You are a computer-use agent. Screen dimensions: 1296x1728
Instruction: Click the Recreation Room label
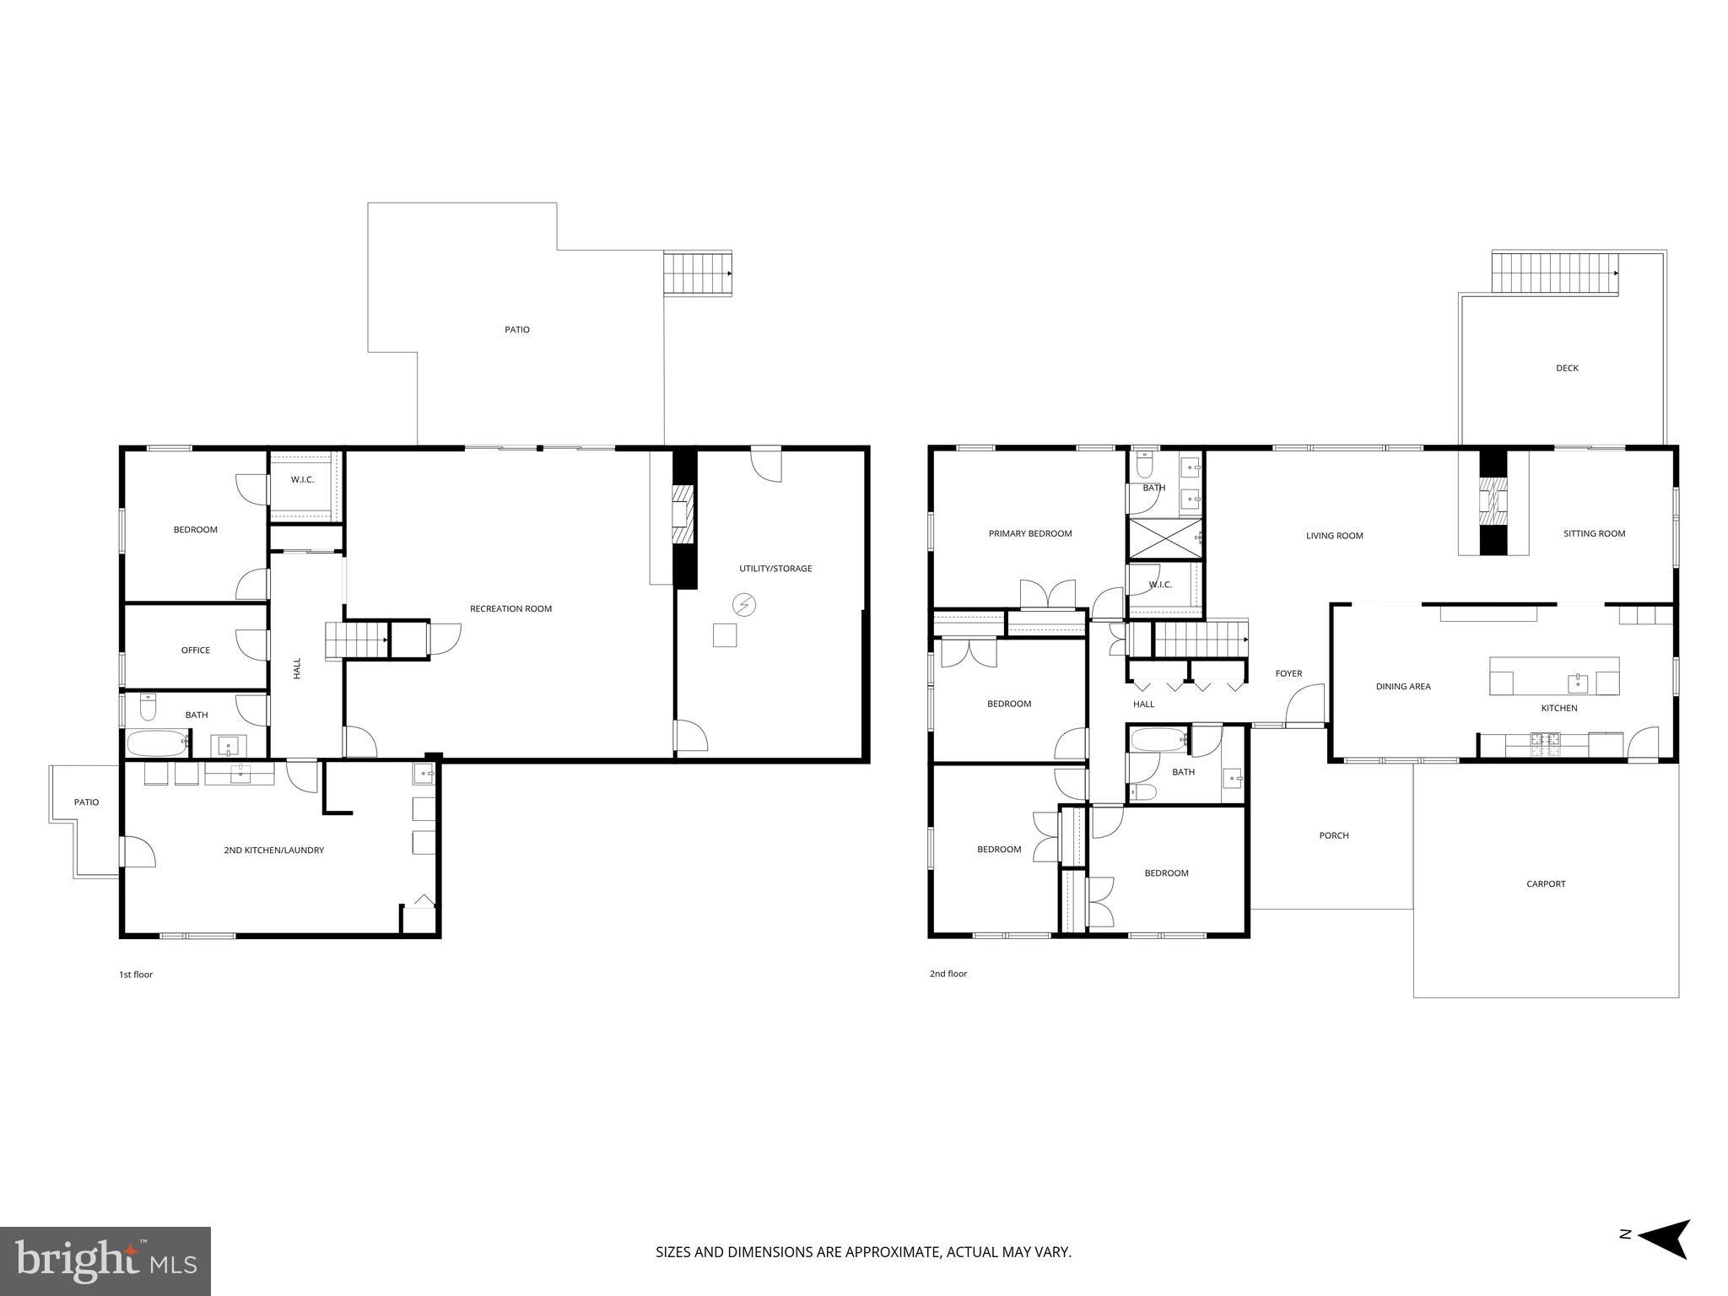point(510,608)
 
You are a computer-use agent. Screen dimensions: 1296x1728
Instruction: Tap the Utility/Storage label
point(775,569)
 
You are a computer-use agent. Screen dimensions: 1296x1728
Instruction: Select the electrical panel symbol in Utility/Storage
point(744,604)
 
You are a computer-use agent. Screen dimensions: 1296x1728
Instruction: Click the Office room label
point(195,651)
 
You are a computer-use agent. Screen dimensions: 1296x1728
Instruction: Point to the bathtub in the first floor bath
point(158,743)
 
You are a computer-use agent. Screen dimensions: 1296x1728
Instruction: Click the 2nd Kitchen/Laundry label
point(273,850)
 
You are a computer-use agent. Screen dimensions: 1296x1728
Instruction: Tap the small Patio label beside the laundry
point(86,802)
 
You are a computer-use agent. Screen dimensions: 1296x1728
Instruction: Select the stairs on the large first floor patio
point(697,273)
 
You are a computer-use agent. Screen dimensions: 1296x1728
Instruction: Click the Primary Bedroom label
point(1030,533)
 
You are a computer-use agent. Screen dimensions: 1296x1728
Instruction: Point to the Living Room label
point(1334,536)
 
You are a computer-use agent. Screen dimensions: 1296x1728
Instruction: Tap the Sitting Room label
point(1594,533)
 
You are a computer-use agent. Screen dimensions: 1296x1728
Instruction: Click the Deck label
point(1567,368)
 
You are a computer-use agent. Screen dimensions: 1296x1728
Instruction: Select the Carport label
point(1546,884)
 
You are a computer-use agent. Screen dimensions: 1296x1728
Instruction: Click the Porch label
point(1334,835)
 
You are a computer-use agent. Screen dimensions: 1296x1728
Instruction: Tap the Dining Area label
point(1403,687)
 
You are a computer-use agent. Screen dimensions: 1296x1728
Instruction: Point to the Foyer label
point(1288,673)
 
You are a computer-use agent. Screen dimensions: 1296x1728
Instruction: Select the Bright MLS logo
point(105,1261)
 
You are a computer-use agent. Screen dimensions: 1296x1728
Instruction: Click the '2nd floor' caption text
point(948,974)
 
